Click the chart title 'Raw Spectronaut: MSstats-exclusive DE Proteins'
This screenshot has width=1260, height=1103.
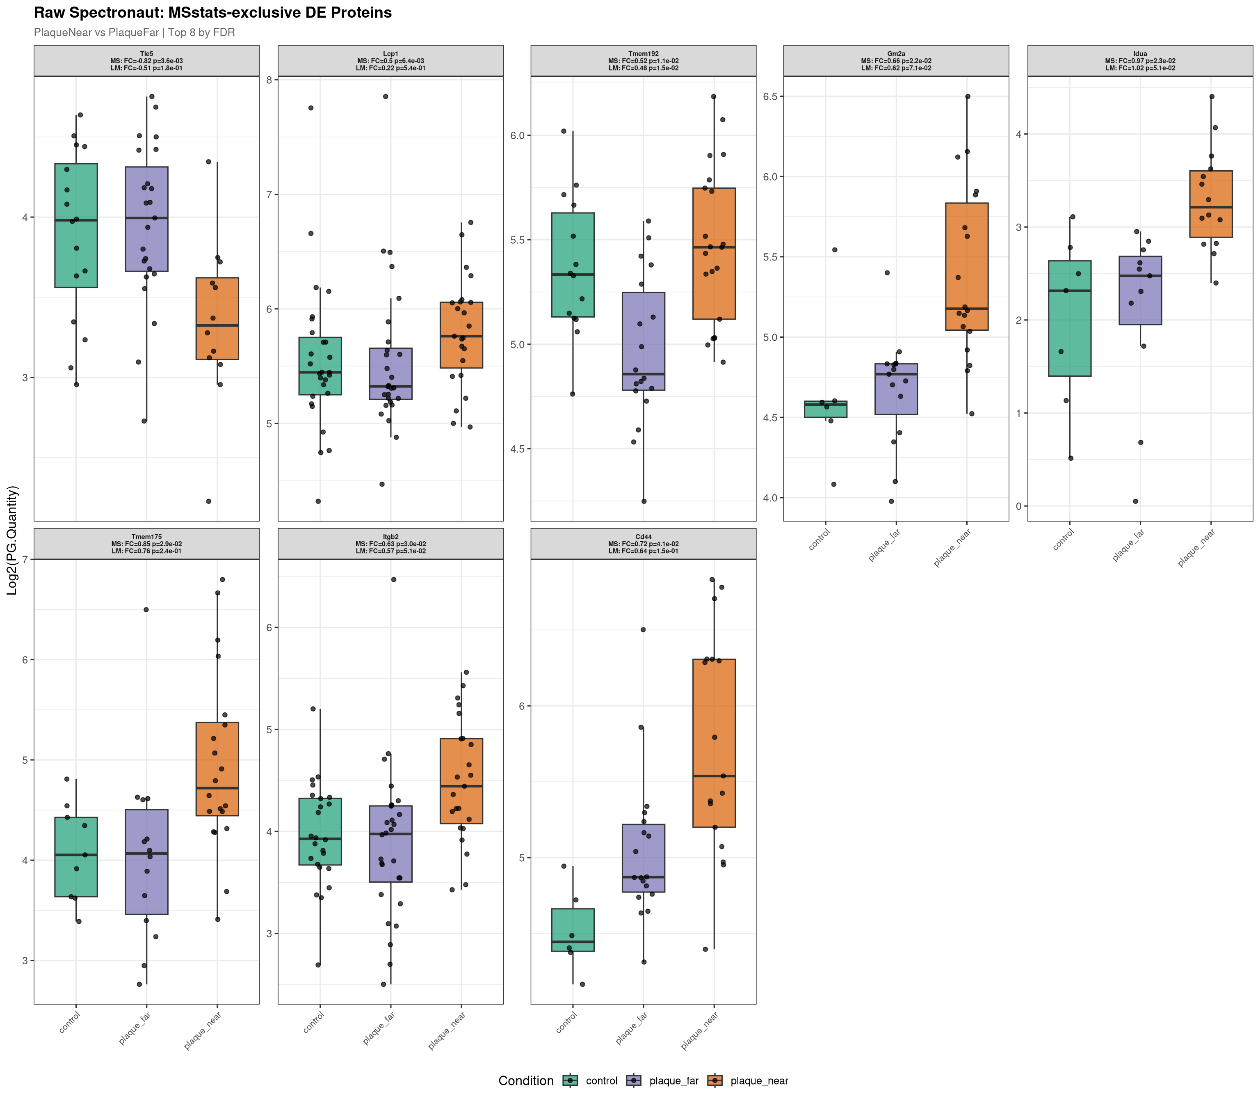(212, 13)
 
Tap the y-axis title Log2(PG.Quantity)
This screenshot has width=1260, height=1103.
(12, 540)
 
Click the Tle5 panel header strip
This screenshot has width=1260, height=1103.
(146, 61)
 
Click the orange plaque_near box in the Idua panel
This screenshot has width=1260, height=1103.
(1210, 204)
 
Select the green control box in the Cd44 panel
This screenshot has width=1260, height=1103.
(573, 930)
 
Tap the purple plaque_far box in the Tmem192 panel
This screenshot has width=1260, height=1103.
(643, 341)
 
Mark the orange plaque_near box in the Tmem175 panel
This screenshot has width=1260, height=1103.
(217, 769)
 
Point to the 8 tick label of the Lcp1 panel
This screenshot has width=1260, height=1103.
(269, 80)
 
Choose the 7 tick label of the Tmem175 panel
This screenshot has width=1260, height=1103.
(25, 560)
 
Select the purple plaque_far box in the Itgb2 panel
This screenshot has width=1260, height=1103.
(390, 844)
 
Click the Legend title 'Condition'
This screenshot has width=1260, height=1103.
(525, 1081)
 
